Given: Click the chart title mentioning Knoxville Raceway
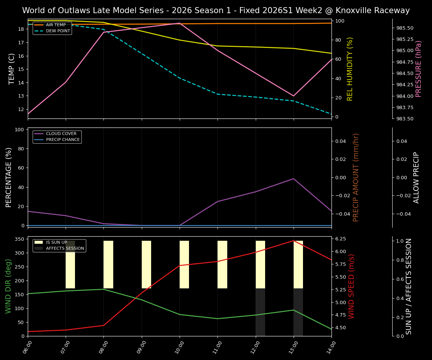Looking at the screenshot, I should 216,10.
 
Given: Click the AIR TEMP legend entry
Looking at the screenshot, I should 55,25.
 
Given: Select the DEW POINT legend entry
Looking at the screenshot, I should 58,31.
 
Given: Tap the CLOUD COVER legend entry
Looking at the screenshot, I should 61,134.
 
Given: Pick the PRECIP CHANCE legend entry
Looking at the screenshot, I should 63,140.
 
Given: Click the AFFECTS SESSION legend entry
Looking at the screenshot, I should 64,248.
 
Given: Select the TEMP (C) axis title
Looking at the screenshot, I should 12,69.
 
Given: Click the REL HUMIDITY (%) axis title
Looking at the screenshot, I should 350,69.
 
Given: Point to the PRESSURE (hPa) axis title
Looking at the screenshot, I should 418,69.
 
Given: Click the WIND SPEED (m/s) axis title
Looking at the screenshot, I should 351,286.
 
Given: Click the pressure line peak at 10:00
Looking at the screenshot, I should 180,23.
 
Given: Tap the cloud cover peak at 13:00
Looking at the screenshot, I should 293,178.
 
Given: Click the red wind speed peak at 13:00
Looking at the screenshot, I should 293,241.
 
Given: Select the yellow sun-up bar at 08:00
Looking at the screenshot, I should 108,264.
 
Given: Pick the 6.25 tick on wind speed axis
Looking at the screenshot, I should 340,239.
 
